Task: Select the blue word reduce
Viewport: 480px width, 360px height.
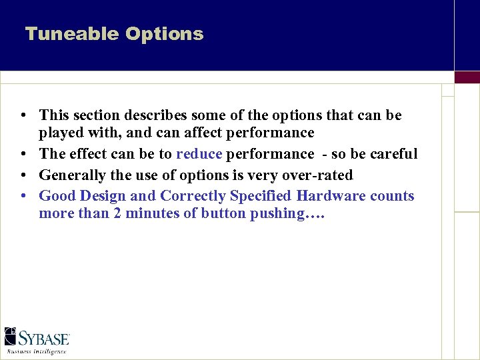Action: coord(199,154)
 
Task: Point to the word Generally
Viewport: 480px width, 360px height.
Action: coord(71,175)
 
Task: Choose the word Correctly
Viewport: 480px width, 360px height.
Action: coord(193,196)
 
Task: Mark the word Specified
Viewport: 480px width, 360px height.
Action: coord(262,196)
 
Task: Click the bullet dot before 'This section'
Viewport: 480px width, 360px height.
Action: coord(23,116)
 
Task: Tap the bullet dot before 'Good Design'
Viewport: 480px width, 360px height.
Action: coord(23,197)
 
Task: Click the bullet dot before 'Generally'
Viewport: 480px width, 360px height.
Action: coord(23,176)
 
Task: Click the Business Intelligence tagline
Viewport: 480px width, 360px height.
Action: coord(37,351)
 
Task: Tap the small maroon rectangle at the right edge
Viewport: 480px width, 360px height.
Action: coord(467,77)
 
